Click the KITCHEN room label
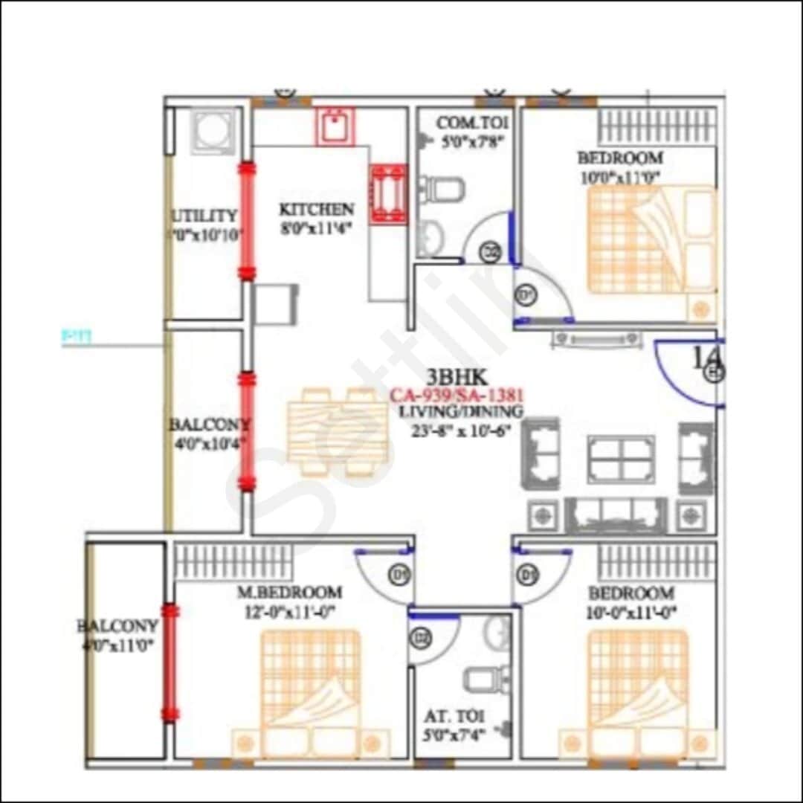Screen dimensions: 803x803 [316, 209]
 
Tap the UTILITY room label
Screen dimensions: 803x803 [204, 216]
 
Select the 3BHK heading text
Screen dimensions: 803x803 [456, 377]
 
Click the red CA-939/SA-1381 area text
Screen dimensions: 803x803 [457, 396]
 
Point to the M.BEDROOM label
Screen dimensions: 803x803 [289, 593]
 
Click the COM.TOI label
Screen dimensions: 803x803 [473, 123]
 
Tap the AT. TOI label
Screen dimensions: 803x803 [455, 717]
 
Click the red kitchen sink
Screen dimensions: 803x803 [336, 126]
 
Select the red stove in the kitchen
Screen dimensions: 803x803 [389, 193]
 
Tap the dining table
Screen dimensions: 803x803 [337, 432]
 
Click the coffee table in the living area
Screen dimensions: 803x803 [621, 459]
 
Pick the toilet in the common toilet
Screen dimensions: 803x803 [446, 190]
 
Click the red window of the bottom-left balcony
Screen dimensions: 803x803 [171, 663]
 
